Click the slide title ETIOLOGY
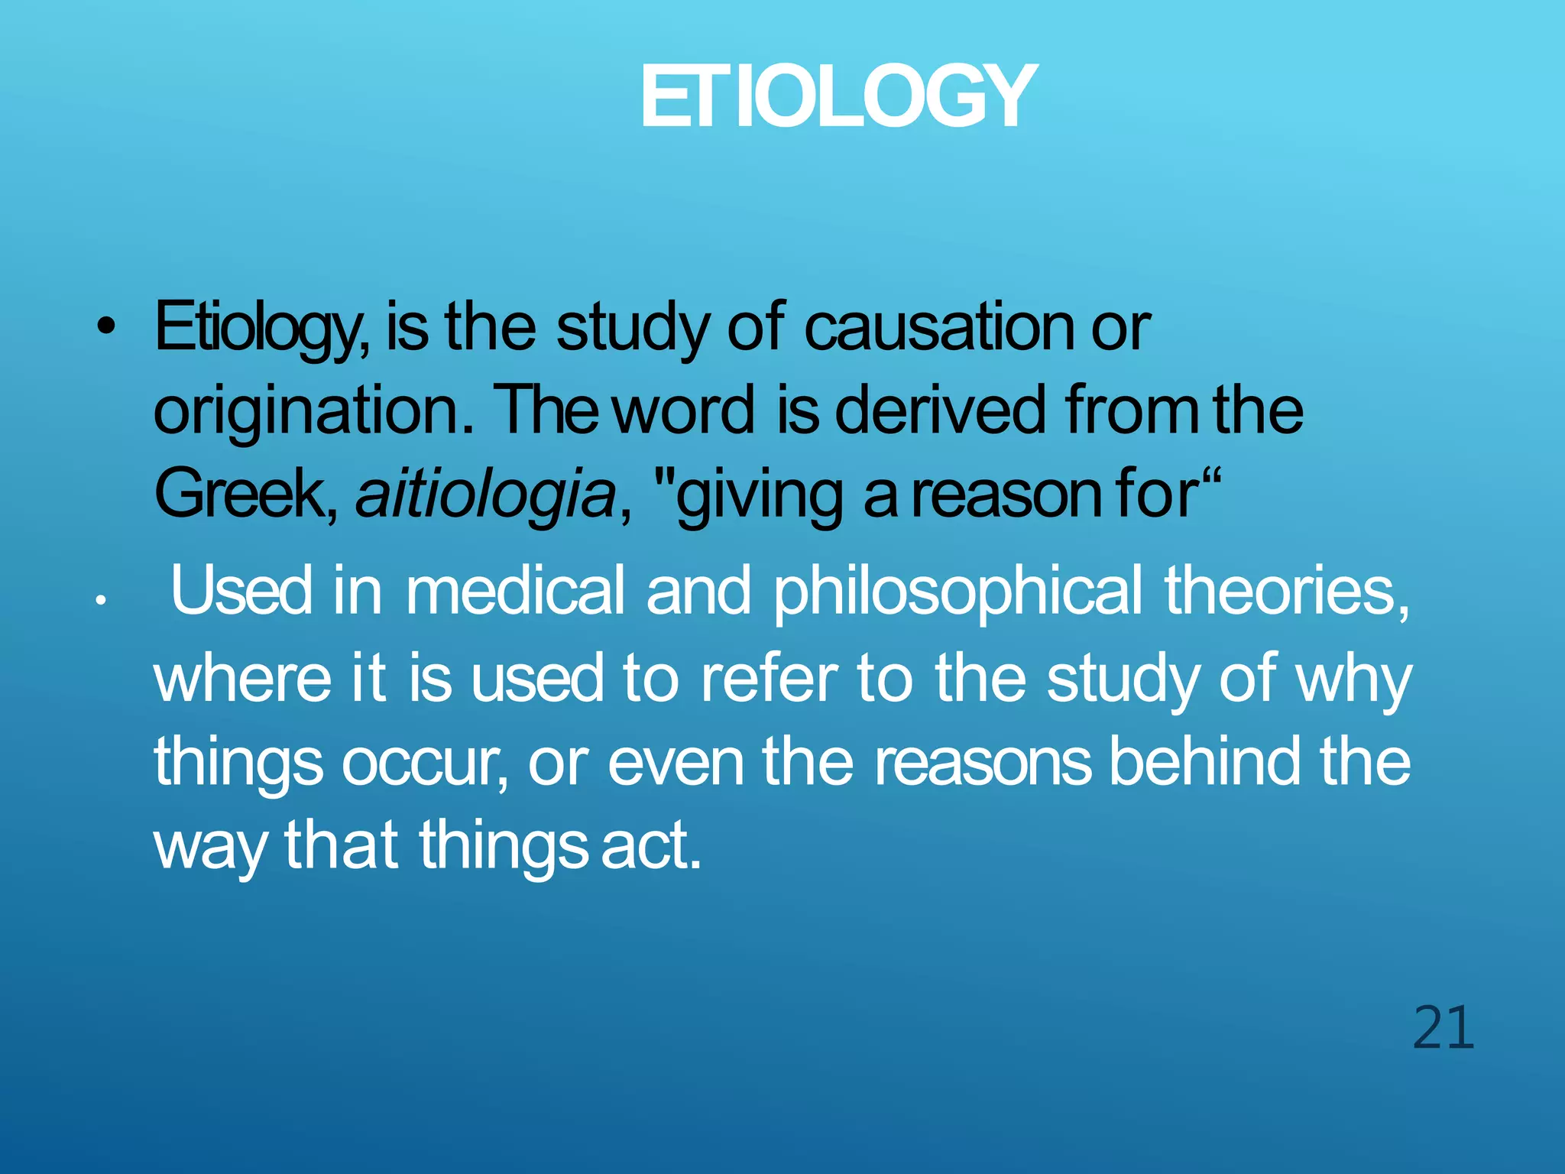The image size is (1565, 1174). [838, 97]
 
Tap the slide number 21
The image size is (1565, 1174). [1443, 1028]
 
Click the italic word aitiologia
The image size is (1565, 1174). [486, 495]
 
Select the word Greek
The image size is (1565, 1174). [245, 495]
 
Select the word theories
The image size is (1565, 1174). [1288, 591]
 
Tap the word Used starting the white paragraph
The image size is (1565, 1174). [241, 591]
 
